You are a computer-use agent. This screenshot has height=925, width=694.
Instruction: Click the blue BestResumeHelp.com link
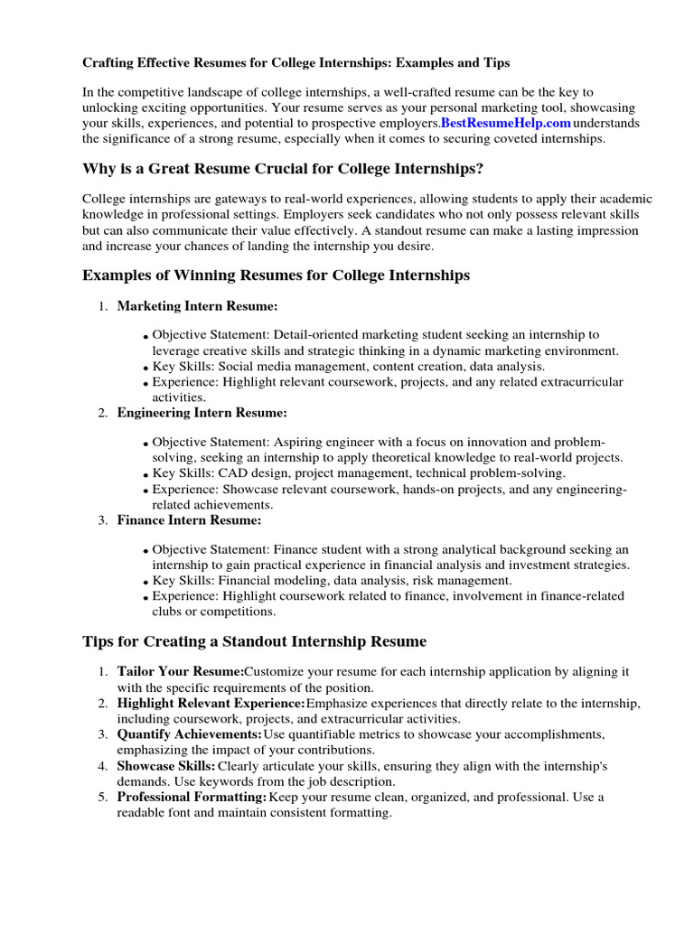(x=506, y=122)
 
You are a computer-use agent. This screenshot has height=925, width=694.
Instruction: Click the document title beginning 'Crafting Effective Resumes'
(x=296, y=63)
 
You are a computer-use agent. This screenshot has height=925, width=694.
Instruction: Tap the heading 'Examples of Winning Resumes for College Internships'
(x=276, y=276)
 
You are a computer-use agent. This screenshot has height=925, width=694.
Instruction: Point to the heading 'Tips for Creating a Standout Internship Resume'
(x=254, y=642)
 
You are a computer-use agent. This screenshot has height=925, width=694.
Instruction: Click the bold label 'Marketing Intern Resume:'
(x=197, y=306)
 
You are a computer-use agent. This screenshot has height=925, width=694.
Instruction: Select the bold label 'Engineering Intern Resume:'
(x=202, y=413)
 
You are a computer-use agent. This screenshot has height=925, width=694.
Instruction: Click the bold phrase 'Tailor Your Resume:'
(x=181, y=672)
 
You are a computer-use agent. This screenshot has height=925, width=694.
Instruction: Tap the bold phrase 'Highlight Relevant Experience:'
(x=211, y=703)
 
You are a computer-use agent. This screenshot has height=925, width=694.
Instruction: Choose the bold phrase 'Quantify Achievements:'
(x=189, y=734)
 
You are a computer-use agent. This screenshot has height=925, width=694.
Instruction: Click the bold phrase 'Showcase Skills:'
(x=166, y=766)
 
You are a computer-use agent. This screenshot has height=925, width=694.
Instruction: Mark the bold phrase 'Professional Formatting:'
(x=192, y=797)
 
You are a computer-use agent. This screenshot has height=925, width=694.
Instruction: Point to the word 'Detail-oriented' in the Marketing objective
(x=316, y=334)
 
